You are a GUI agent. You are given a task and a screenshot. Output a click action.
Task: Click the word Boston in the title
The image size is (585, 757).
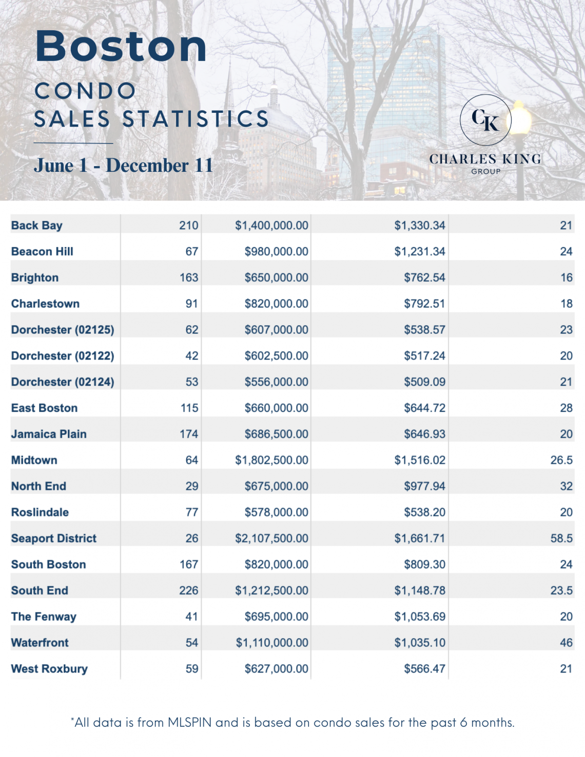(x=121, y=46)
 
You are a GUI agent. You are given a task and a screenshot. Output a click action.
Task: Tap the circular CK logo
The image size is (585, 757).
(x=485, y=120)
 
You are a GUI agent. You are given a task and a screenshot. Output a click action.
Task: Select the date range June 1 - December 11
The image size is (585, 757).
(x=123, y=165)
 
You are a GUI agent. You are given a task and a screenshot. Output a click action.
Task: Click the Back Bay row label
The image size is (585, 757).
(x=37, y=225)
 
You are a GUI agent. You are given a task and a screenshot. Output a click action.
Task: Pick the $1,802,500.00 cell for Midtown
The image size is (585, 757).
(x=271, y=460)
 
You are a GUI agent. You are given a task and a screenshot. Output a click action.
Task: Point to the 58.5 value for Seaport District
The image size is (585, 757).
(x=561, y=538)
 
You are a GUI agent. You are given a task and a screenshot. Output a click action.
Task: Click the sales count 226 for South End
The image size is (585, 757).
(x=188, y=590)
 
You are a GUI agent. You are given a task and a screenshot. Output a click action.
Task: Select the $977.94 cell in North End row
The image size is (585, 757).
(x=424, y=486)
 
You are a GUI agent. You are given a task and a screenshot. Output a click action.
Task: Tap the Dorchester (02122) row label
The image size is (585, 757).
(x=63, y=356)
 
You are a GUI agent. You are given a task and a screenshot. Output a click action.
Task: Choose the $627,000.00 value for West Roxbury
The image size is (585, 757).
(x=276, y=668)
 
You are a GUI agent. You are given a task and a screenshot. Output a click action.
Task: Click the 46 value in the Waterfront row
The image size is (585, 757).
(x=566, y=643)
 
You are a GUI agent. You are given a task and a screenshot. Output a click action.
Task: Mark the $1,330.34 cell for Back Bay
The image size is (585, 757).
(x=419, y=225)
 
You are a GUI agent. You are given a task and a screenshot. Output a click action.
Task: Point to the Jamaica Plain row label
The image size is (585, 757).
(x=49, y=434)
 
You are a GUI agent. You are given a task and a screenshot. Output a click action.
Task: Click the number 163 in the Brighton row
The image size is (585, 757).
(x=188, y=277)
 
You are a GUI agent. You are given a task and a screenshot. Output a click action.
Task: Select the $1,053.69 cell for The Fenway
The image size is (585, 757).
(x=419, y=616)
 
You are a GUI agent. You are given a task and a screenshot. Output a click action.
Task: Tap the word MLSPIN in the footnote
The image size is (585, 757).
(x=189, y=722)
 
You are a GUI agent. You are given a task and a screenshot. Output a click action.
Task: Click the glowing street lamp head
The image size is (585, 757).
(x=518, y=118)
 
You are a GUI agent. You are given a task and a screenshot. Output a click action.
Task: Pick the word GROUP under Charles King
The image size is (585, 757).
(x=485, y=171)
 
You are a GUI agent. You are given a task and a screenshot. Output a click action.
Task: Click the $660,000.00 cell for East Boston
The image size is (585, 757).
(x=276, y=408)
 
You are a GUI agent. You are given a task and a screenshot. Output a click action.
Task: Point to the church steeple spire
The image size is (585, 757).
(x=229, y=87)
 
